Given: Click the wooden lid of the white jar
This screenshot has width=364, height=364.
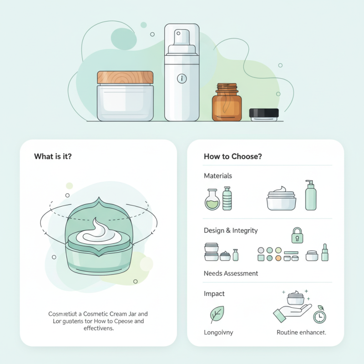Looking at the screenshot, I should coord(125,77).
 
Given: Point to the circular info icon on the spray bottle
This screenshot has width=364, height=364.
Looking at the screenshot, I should coord(182,79).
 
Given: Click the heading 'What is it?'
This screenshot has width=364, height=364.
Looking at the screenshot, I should coord(53,156).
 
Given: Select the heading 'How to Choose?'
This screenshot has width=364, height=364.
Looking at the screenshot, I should coord(233,156).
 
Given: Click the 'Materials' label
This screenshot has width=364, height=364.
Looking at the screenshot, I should coord(217,176).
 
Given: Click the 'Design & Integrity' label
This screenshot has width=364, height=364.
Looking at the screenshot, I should coord(231,231).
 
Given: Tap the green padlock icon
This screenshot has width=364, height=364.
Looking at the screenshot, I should coord(297,235).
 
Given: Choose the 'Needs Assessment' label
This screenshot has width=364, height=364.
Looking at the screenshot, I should coord(231,273).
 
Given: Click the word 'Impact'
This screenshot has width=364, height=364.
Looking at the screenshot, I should coord(214,294).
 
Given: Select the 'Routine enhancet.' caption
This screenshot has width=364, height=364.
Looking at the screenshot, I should coord(301,333).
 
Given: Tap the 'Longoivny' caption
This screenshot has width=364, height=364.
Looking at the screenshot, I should coord(218,333).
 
